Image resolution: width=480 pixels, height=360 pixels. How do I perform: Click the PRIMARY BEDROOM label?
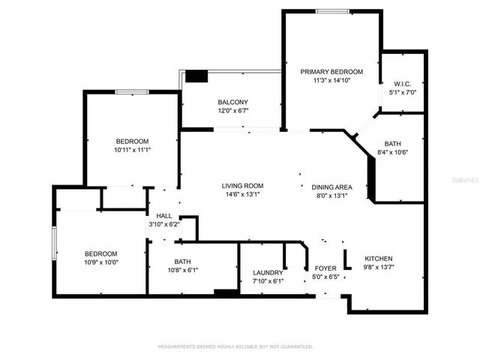point(331,72)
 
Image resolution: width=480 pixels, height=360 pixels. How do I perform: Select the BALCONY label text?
point(232,102)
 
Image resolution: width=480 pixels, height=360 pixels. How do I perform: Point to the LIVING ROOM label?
point(241,186)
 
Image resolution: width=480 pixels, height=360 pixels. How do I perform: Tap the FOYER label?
point(325,268)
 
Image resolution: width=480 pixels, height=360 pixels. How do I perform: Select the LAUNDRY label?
point(268,272)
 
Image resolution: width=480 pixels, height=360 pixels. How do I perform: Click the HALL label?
point(164,215)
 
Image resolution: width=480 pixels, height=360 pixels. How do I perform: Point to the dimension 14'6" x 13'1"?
point(241,195)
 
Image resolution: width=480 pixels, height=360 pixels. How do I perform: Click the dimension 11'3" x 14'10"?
point(331,81)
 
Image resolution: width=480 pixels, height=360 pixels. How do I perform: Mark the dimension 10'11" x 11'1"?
point(132,150)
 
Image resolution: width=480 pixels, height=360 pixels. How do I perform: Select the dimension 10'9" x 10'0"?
point(100,262)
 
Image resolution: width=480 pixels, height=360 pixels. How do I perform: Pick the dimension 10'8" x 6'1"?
point(183,270)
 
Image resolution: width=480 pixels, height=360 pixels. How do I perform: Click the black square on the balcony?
point(196,76)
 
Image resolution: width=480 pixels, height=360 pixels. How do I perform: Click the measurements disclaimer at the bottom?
point(235,346)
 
